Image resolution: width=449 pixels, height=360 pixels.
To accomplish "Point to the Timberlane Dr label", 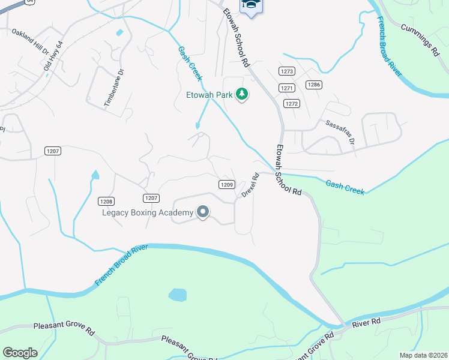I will click(x=114, y=88).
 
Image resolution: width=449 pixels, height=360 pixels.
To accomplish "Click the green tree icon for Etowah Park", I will click(x=242, y=94).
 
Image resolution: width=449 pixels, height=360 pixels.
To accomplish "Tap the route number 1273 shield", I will click(x=287, y=71).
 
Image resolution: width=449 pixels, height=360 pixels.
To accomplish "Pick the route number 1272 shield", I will click(x=292, y=103).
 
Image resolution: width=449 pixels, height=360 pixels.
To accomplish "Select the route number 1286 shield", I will click(x=313, y=85).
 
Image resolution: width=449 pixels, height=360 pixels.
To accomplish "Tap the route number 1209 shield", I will click(x=226, y=184).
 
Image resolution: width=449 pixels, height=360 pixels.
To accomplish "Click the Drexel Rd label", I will click(x=250, y=185).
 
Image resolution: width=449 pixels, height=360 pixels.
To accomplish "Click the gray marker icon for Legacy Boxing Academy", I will click(x=203, y=212).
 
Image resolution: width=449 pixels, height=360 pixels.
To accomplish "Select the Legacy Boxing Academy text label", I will click(x=148, y=212).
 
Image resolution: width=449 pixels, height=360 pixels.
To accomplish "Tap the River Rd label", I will click(x=367, y=323).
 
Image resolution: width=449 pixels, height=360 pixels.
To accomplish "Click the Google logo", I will click(x=19, y=353).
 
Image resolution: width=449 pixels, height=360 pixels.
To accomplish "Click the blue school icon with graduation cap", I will click(x=252, y=5).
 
